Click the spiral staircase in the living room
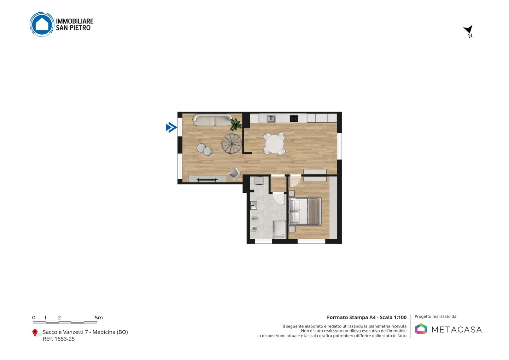232,144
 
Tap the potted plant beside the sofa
236,124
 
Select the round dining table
274,144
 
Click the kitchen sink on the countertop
271,118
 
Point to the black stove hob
294,118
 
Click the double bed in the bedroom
305,211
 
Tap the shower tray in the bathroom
280,230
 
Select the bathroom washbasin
253,205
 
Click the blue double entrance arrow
171,128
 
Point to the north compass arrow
468,30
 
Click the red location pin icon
35,333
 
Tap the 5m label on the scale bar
99,318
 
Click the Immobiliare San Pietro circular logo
42,24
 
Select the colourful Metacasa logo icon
421,329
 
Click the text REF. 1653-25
59,339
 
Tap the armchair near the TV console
234,173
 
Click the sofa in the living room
212,120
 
